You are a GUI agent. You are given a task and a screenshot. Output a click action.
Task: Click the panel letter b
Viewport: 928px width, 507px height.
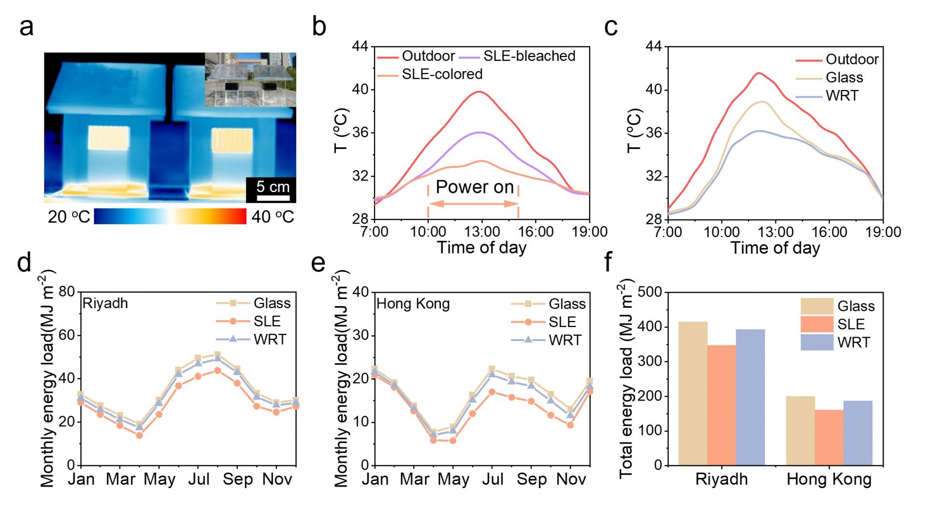pos(319,27)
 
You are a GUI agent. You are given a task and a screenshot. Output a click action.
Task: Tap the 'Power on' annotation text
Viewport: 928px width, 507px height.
pos(475,187)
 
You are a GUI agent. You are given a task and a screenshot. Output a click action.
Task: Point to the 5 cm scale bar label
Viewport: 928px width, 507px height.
pos(273,187)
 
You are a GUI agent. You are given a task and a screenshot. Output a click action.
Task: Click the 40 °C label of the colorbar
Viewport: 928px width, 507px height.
pos(273,217)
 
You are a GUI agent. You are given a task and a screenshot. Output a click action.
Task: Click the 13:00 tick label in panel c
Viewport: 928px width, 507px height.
pos(775,232)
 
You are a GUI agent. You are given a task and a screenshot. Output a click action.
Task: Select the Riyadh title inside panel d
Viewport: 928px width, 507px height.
pos(105,303)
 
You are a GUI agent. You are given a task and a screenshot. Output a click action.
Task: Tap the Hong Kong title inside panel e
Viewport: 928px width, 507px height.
pos(413,304)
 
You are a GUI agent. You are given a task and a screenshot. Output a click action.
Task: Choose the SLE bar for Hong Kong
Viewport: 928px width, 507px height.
pos(829,437)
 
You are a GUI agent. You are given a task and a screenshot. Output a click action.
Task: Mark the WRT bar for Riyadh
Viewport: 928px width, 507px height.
pos(750,397)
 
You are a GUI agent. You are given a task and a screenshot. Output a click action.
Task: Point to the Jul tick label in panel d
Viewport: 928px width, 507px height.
pos(199,479)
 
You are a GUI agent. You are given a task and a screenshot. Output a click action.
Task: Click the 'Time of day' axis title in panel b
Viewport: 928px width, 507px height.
pos(481,248)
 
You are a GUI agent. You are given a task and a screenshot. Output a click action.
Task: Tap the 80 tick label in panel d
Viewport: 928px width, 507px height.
pos(67,292)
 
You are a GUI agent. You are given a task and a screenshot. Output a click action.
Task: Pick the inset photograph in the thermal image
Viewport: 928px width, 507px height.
pos(250,79)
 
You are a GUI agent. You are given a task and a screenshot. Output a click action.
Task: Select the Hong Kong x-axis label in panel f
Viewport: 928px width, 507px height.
pos(829,479)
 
